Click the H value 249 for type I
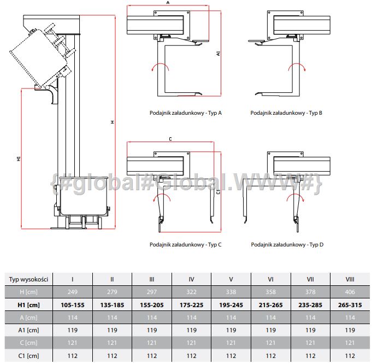[x=73, y=292]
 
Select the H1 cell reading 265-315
[x=350, y=304]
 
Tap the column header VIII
[x=350, y=279]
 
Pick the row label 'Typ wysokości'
[x=29, y=279]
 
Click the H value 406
[x=350, y=292]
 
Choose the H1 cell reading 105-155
[x=73, y=304]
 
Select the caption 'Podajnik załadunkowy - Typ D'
[x=287, y=245]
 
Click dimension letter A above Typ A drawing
[x=168, y=3]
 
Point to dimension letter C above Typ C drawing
[x=170, y=139]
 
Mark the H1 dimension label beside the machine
[x=19, y=158]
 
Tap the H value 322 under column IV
[x=191, y=292]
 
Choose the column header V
[x=231, y=279]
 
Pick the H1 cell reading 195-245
[x=231, y=304]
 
